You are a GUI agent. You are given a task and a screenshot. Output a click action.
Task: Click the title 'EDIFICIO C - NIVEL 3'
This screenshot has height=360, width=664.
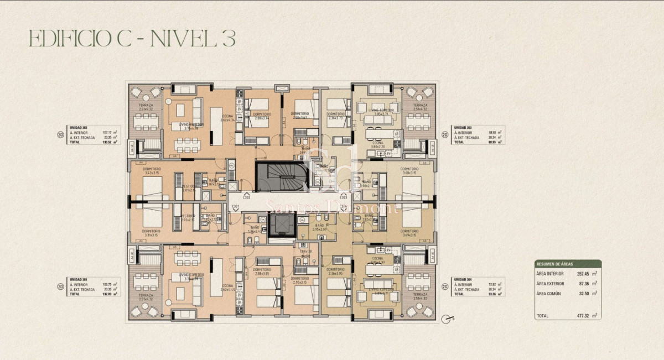[x=132, y=39]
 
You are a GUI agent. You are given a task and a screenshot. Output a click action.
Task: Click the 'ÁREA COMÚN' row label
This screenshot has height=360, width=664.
[x=549, y=293]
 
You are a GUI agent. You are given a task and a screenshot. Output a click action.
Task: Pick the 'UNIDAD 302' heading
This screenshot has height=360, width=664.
[x=78, y=128]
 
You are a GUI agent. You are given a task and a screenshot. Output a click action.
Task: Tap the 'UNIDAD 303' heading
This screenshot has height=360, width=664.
[x=461, y=128]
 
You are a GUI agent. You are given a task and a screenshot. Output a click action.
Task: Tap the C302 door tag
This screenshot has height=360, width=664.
[x=246, y=197]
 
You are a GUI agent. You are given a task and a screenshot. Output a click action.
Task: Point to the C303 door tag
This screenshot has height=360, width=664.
[x=343, y=197]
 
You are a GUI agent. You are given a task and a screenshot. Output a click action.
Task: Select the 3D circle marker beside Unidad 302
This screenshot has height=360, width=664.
[x=60, y=133]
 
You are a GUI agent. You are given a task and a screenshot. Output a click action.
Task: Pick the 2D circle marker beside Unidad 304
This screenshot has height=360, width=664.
[x=444, y=286]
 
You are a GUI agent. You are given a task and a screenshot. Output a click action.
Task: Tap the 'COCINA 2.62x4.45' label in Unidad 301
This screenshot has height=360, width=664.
[x=227, y=287]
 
